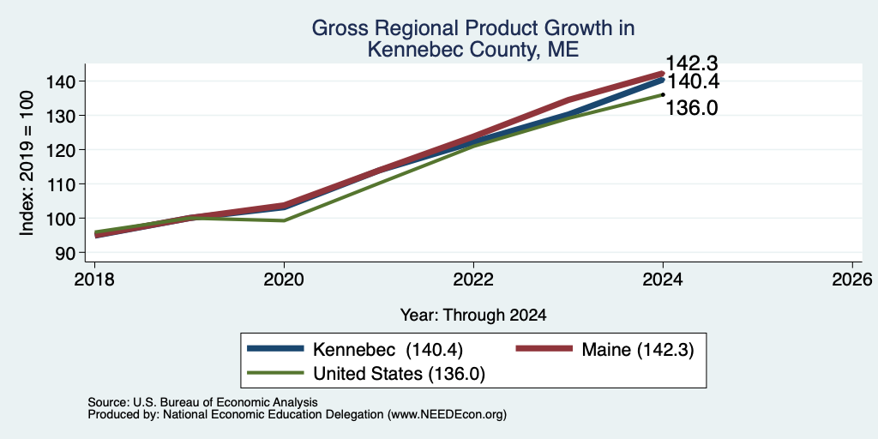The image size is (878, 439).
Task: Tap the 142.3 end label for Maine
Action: click(x=692, y=63)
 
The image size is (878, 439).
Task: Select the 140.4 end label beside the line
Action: click(x=692, y=82)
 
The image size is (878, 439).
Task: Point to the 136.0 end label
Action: click(x=692, y=107)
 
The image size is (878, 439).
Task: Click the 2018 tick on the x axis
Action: click(x=94, y=280)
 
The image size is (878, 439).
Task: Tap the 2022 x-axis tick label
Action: click(x=473, y=280)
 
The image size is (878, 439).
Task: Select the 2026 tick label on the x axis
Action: click(x=852, y=280)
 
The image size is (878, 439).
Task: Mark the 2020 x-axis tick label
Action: click(x=284, y=280)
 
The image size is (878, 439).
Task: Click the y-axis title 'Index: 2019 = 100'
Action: click(x=27, y=163)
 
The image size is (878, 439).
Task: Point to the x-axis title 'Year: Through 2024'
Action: click(x=473, y=316)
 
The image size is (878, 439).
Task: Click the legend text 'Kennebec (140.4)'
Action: click(x=388, y=350)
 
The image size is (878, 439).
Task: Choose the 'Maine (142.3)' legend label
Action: click(x=638, y=350)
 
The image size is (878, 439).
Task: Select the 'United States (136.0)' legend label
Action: click(x=399, y=374)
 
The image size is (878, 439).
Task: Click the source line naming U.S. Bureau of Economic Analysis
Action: click(x=202, y=402)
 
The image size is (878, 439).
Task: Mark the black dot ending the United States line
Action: click(x=663, y=94)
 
